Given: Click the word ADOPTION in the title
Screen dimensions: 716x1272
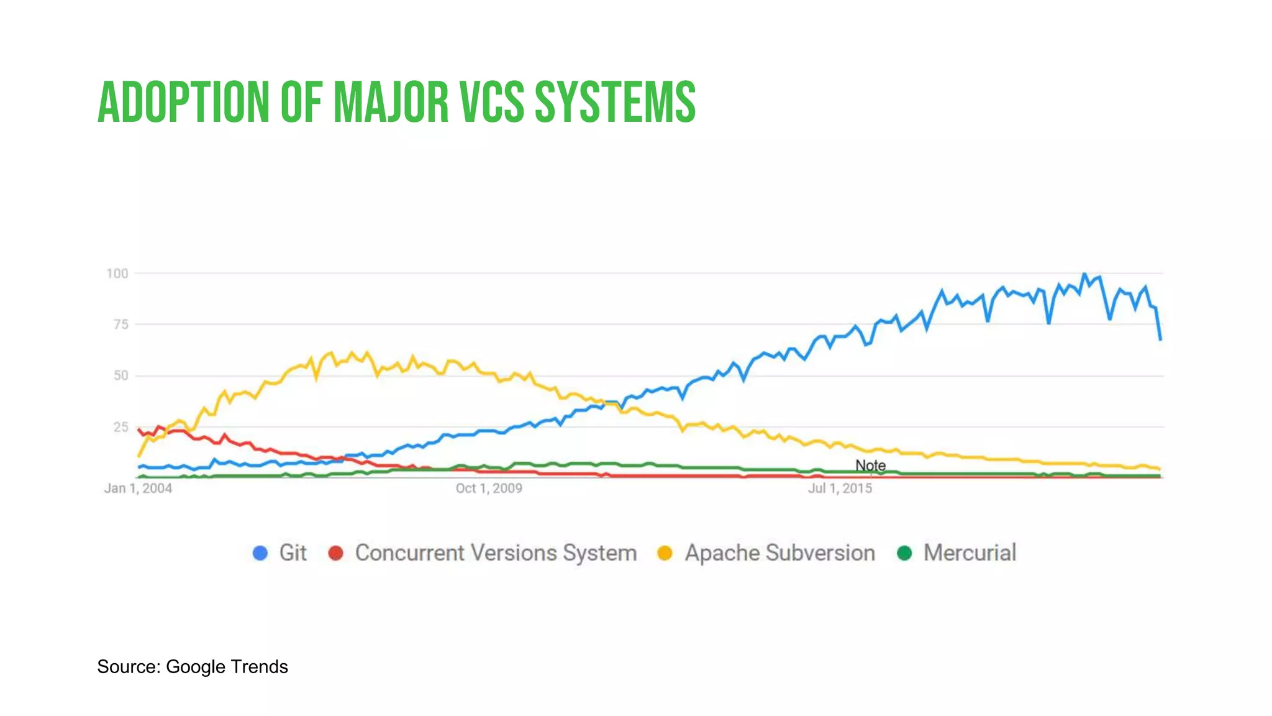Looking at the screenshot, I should tap(184, 102).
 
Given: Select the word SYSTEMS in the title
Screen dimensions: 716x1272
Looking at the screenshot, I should tap(615, 102).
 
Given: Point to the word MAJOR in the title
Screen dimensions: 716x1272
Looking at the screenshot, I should tap(391, 102).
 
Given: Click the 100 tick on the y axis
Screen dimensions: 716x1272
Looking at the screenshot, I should tap(117, 273).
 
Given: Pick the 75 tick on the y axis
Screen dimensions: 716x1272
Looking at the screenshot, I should tap(121, 324).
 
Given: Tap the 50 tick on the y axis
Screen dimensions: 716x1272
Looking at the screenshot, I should tap(121, 375).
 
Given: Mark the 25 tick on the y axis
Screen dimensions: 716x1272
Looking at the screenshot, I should tap(121, 427).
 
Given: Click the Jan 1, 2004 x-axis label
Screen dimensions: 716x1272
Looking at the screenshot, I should tap(138, 489).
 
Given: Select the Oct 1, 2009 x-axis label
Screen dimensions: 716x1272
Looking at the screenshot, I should tap(489, 489).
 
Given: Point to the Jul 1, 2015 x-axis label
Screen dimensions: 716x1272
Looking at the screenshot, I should tap(840, 489).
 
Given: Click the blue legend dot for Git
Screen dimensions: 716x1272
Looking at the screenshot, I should tap(260, 553).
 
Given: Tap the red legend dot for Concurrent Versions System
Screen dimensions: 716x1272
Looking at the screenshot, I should tap(336, 553).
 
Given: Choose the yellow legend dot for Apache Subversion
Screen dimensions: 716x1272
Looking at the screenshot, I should tap(665, 553).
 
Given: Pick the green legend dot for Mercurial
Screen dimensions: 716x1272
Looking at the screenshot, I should tap(904, 553).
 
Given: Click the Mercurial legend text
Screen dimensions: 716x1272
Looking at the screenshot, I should tap(970, 553).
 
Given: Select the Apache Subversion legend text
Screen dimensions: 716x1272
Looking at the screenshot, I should tap(779, 553).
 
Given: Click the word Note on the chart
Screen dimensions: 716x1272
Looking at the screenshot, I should tap(870, 466).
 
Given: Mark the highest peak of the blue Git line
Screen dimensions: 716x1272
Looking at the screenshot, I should tap(1084, 274).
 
